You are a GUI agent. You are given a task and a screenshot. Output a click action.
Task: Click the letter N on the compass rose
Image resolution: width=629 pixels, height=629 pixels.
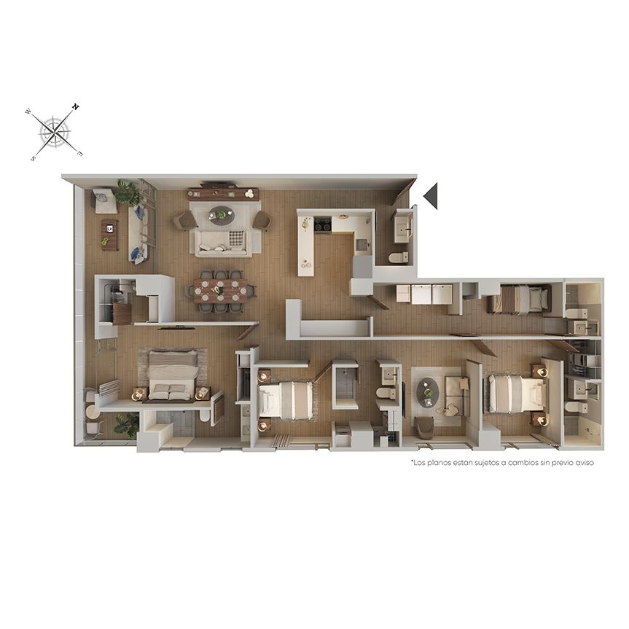coord(76,106)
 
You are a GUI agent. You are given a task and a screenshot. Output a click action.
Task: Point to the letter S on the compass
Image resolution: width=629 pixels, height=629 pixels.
coord(33,158)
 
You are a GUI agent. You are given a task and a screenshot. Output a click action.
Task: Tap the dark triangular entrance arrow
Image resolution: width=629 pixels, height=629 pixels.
coord(431,196)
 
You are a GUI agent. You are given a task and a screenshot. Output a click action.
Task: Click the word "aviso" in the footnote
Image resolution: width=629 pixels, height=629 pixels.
coord(585,463)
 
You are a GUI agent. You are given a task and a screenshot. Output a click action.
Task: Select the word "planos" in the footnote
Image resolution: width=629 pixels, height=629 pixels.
coord(439,463)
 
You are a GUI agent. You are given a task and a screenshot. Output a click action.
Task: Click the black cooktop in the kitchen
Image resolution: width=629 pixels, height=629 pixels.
coord(323,224)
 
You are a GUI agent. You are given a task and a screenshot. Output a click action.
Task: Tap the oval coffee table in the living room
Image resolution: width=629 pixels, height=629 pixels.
coord(221,216)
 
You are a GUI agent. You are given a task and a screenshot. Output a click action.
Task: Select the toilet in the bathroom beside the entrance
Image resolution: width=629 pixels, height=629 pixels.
coord(399,257)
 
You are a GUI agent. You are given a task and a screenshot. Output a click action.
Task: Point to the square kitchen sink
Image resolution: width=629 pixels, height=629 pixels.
coord(362,244)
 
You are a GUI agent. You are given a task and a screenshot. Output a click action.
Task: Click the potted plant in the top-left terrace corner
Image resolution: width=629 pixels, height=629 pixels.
coord(128,192)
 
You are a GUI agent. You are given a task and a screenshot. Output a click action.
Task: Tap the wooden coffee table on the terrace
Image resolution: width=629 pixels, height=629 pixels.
coord(110,234)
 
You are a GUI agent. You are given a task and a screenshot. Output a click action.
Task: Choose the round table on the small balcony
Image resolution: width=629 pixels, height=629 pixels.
coord(93,413)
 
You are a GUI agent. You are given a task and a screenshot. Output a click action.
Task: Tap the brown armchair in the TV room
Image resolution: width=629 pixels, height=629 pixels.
coord(424,427)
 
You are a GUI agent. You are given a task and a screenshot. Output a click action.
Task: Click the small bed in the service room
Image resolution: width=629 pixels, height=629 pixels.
coord(519,298)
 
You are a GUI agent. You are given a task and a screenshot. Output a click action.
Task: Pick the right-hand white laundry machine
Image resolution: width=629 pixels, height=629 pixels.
coord(442,294)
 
